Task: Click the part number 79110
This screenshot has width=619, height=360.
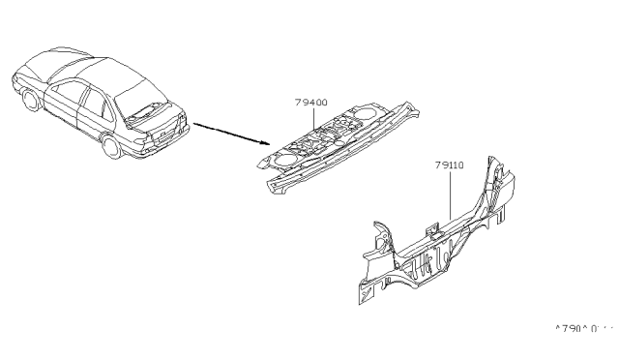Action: (451, 165)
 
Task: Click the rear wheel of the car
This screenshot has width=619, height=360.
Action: (112, 146)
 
